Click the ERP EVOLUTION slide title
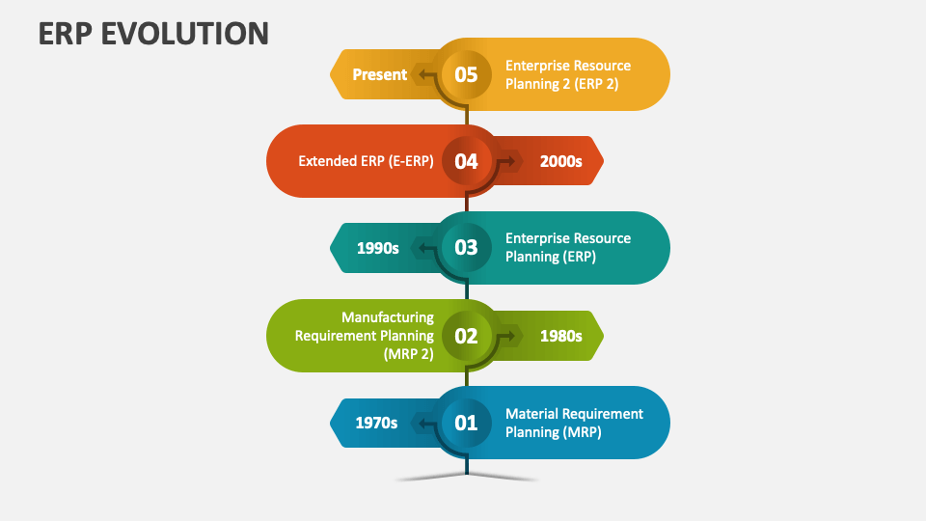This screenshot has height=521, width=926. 153,33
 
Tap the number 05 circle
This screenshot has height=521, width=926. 466,74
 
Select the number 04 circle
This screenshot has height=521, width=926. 466,161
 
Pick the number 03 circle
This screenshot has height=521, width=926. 466,248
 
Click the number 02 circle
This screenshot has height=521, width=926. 466,336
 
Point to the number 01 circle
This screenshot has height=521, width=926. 466,423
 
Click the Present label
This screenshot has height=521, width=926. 379,74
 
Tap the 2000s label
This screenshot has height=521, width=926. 560,161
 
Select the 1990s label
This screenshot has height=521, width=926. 377,248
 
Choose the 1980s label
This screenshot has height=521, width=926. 560,336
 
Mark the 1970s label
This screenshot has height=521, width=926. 376,423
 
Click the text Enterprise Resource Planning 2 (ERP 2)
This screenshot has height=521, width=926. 568,74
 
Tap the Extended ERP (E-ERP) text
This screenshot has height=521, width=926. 366,161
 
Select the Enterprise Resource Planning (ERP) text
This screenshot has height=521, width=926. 568,248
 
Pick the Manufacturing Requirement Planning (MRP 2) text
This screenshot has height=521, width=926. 365,336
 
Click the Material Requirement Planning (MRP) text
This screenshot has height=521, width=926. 574,423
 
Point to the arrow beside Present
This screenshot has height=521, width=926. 422,73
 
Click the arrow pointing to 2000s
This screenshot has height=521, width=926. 510,160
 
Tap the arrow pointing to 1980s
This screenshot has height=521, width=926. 510,335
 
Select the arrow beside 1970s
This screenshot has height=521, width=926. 422,422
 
